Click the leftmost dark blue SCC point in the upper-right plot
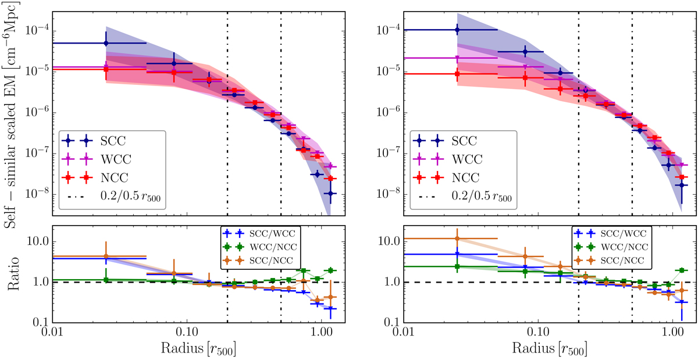click(457, 30)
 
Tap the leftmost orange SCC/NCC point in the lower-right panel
click(457, 238)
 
